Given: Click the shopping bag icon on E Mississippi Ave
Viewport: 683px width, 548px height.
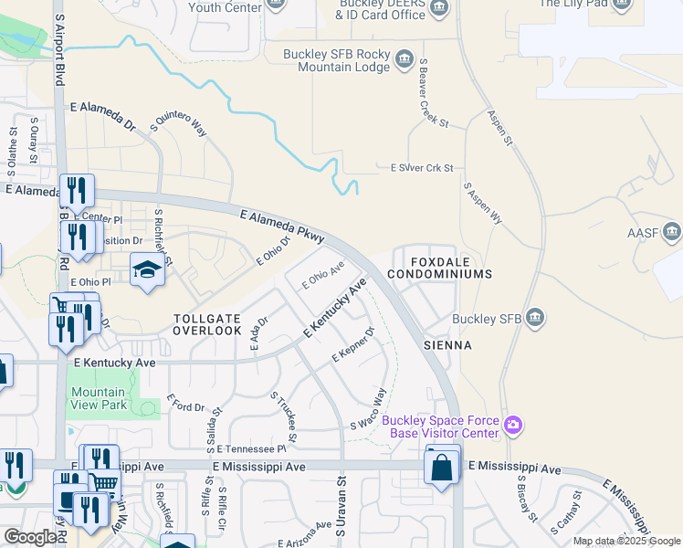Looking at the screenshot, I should pyautogui.click(x=441, y=468).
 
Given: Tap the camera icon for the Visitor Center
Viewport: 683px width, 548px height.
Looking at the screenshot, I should pyautogui.click(x=513, y=425).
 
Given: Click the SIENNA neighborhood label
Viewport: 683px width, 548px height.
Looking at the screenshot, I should pyautogui.click(x=447, y=346).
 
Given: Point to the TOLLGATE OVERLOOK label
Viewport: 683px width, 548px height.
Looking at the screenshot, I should pyautogui.click(x=207, y=324).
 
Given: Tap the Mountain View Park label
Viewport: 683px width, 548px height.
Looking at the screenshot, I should pyautogui.click(x=98, y=397).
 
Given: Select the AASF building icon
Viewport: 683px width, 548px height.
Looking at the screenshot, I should pyautogui.click(x=672, y=232).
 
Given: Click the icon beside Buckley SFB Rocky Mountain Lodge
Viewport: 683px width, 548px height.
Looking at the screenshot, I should pyautogui.click(x=404, y=61).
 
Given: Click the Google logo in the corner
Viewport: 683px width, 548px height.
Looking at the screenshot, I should pyautogui.click(x=30, y=537).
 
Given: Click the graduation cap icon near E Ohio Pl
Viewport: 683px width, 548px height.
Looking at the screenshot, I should pyautogui.click(x=146, y=270).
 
